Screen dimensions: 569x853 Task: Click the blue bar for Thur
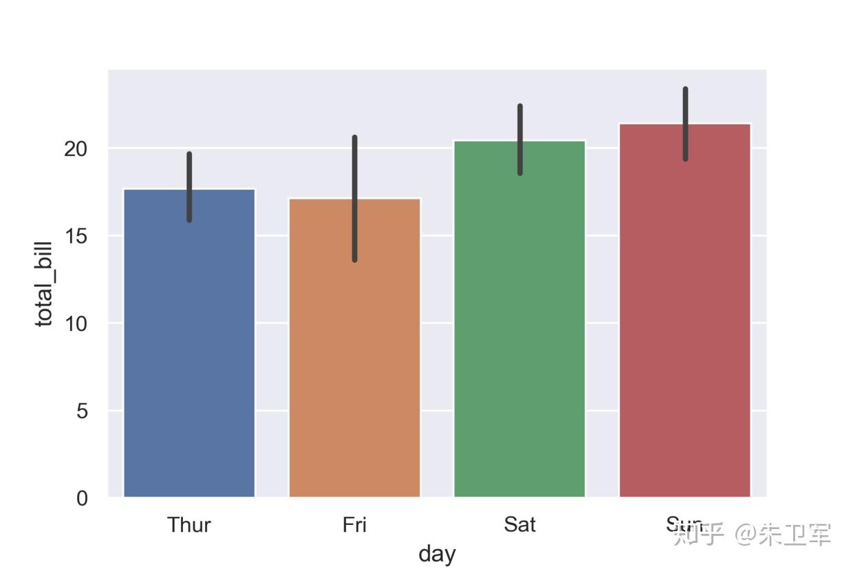pyautogui.click(x=189, y=344)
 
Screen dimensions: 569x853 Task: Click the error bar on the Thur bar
pyautogui.click(x=189, y=186)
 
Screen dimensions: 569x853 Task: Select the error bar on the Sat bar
pyautogui.click(x=520, y=139)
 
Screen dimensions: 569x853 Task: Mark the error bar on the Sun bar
pyautogui.click(x=685, y=124)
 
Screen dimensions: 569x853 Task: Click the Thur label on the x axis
pyautogui.click(x=189, y=525)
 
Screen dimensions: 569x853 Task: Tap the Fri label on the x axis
pyautogui.click(x=354, y=525)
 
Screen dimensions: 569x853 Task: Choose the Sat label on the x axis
pyautogui.click(x=519, y=525)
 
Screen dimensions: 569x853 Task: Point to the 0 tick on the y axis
pyautogui.click(x=82, y=498)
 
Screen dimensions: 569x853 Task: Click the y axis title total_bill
pyautogui.click(x=44, y=283)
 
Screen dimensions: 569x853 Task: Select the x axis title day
pyautogui.click(x=437, y=554)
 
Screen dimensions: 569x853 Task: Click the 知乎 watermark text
pyautogui.click(x=698, y=534)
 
